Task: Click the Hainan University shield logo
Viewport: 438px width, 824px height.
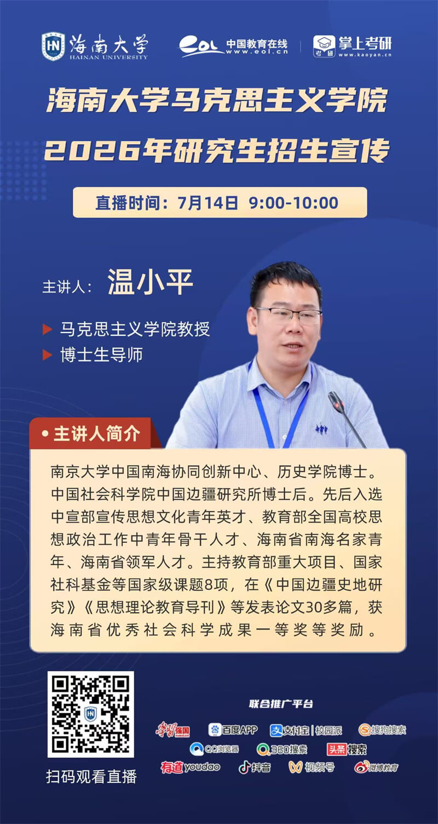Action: click(53, 46)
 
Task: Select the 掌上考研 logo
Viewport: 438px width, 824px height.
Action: click(352, 47)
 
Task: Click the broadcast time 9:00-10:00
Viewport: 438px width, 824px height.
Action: click(293, 203)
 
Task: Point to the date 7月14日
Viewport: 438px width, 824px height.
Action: click(208, 203)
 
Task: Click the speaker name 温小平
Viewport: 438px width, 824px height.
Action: click(150, 282)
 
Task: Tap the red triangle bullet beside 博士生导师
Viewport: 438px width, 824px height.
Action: click(48, 355)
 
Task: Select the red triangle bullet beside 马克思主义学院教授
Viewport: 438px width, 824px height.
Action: click(48, 329)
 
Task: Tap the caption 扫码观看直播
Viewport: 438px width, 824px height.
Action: click(91, 777)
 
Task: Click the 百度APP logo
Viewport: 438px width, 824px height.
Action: click(233, 730)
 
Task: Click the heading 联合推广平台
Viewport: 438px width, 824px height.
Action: click(281, 704)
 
